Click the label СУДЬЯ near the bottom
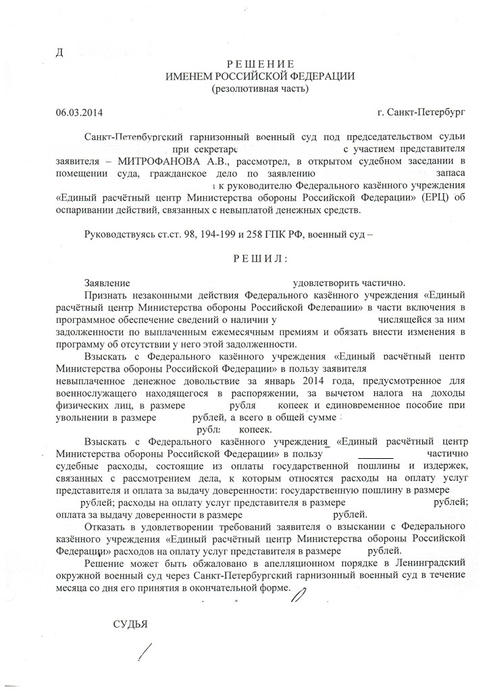(x=130, y=623)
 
